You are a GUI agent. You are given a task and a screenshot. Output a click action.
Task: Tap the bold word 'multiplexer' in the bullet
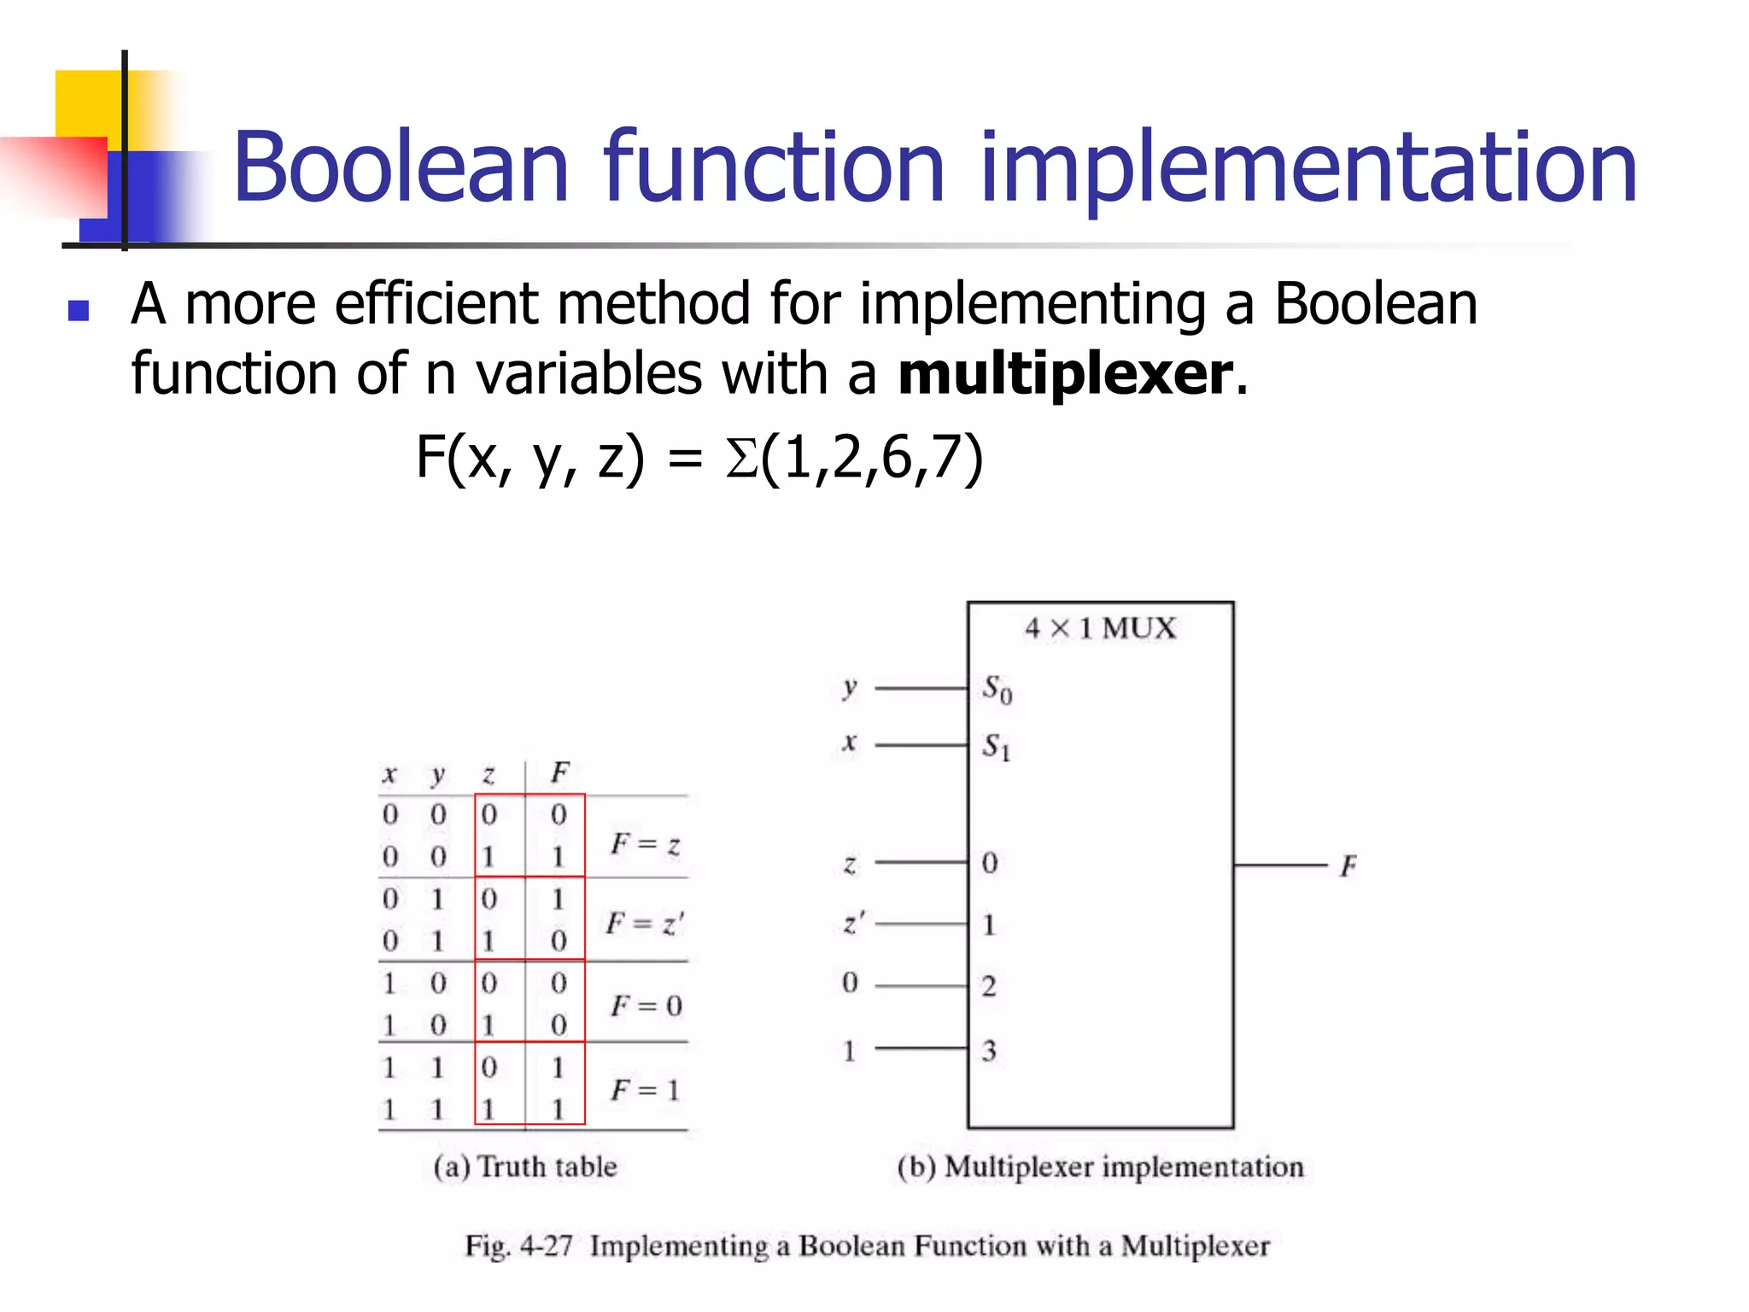pos(1065,374)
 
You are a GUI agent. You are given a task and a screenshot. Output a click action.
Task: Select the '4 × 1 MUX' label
pos(1100,629)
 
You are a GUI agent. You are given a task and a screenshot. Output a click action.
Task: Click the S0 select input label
pos(997,688)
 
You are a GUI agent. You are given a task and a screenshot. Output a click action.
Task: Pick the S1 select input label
pos(996,747)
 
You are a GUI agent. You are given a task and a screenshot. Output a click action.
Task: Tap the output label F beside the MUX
pos(1348,866)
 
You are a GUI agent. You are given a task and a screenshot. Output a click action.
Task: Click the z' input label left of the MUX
pos(853,923)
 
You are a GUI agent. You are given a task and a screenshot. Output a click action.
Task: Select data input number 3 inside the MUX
pos(989,1050)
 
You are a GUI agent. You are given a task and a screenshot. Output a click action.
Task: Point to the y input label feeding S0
pos(849,687)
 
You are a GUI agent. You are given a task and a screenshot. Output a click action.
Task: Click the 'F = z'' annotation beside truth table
pos(645,923)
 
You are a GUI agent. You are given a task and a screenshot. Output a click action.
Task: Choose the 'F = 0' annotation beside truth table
pos(646,1005)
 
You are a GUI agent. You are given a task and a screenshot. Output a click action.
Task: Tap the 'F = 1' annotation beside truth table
pos(645,1090)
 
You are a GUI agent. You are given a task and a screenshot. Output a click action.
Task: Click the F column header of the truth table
pos(559,773)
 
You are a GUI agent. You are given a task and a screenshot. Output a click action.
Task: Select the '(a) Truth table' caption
pos(525,1167)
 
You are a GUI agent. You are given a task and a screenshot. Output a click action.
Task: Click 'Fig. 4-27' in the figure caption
pos(518,1246)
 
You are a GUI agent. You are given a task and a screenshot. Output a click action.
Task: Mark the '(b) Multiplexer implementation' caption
pos(1100,1167)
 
